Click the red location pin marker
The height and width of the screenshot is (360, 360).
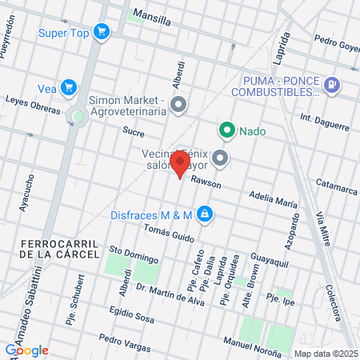point(180,164)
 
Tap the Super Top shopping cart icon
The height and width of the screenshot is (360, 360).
point(101,32)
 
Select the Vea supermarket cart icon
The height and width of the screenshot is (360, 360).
point(69,88)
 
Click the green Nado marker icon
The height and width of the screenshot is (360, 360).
point(227,130)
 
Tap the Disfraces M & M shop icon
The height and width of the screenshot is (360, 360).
point(205,214)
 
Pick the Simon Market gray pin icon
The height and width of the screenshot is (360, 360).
point(178,104)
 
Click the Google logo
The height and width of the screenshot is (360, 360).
point(26,350)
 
